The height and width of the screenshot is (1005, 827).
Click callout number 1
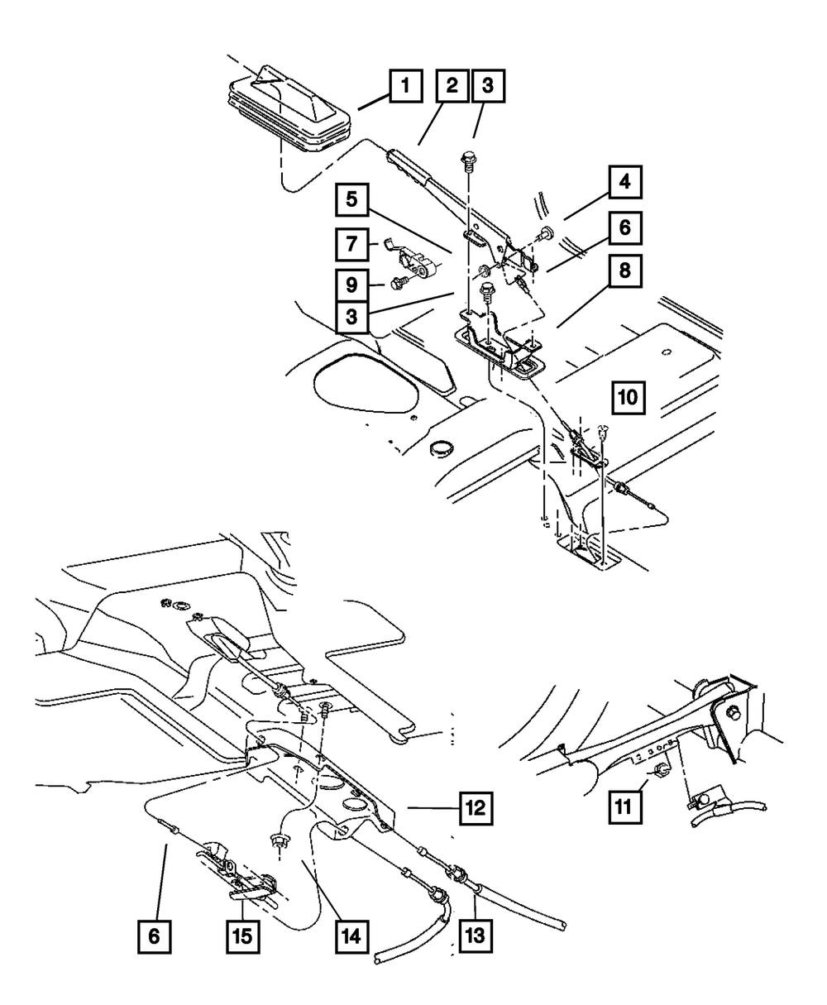tap(404, 85)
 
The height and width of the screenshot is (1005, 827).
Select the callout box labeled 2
tap(452, 85)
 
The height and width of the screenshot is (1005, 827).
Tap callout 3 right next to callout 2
tap(487, 85)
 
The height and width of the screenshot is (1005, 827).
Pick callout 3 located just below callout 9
tap(352, 316)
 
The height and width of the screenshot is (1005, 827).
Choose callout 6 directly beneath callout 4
tap(626, 227)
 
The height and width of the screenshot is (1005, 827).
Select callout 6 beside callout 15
tap(155, 938)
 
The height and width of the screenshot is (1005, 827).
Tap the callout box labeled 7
tap(352, 244)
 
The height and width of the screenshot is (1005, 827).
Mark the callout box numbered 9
tap(352, 284)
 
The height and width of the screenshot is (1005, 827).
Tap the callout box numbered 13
tap(475, 938)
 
